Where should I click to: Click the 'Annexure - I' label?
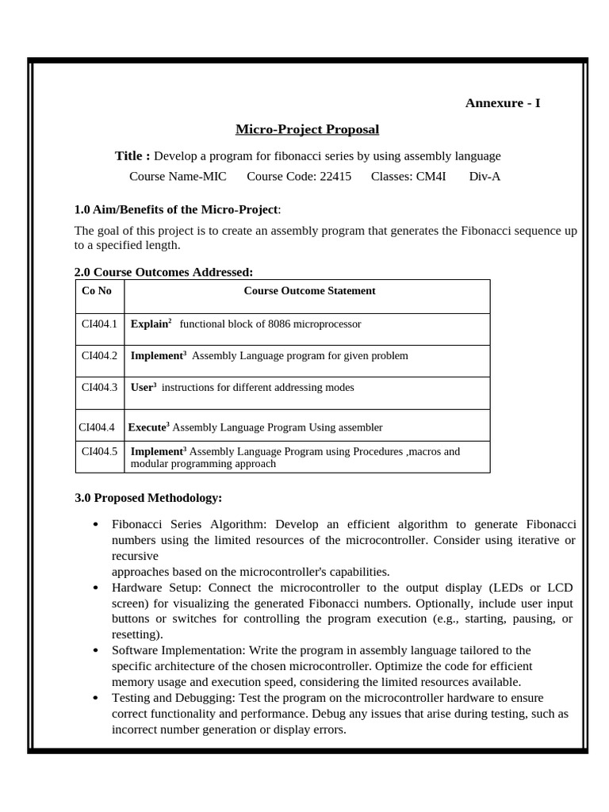click(x=502, y=103)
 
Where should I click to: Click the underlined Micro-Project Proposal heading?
click(x=308, y=129)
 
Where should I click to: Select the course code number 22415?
click(x=335, y=176)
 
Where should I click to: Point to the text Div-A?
click(x=485, y=176)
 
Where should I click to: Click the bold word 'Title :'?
click(x=132, y=155)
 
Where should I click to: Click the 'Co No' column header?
click(x=97, y=291)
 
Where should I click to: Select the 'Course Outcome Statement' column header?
click(x=309, y=291)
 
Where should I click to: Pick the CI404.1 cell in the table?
click(x=99, y=324)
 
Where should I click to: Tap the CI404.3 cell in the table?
click(x=99, y=388)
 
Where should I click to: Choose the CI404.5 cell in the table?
click(x=99, y=452)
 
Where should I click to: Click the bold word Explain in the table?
click(x=149, y=324)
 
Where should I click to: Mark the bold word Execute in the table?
click(x=147, y=427)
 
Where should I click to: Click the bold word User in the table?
click(x=141, y=388)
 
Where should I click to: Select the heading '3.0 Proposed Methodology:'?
click(x=148, y=498)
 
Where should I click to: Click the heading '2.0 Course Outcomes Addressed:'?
click(x=163, y=272)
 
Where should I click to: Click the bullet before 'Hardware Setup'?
click(x=95, y=588)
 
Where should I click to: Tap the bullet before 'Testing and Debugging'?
click(x=95, y=698)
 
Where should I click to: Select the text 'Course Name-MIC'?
click(x=178, y=176)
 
